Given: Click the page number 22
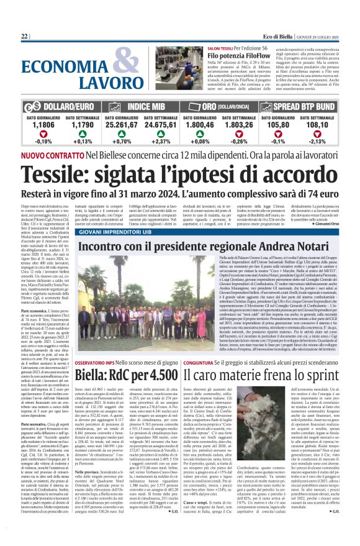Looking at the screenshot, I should (25, 37).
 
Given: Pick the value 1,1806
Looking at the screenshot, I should (42, 124).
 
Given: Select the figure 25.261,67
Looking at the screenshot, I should (122, 124).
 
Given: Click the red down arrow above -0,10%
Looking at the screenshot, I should (42, 134).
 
